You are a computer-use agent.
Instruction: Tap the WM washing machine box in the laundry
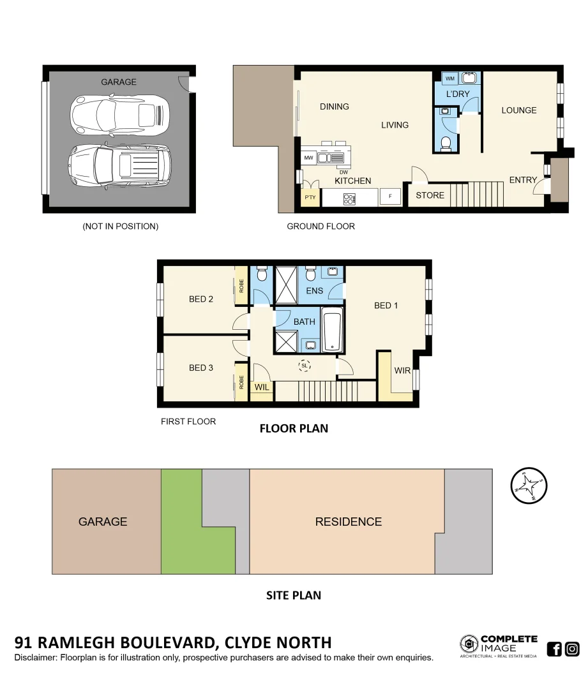[450, 78]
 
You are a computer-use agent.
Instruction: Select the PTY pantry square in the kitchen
[310, 197]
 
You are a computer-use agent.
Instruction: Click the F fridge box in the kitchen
[390, 196]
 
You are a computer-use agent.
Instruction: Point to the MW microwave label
[308, 158]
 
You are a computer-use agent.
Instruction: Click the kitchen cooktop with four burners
[349, 198]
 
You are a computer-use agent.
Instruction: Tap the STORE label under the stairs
[430, 195]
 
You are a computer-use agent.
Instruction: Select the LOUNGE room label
[518, 110]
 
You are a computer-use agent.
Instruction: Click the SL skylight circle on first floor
[305, 366]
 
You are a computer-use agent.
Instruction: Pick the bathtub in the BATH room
[332, 329]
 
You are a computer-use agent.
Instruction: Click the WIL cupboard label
[262, 387]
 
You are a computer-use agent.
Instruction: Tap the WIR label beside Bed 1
[402, 370]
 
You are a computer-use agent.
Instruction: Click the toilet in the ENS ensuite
[311, 273]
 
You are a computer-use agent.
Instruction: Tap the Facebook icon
[554, 649]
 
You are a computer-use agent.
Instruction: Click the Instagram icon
[572, 649]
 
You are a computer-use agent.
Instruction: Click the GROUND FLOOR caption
[320, 226]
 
